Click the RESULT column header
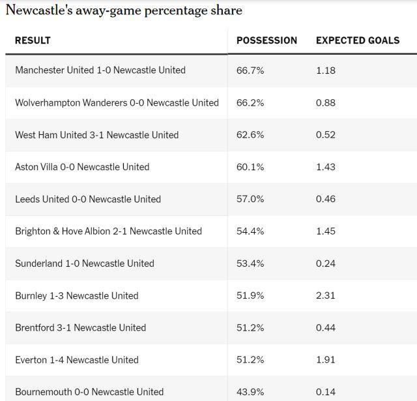tap(33, 40)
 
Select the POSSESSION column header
tap(266, 40)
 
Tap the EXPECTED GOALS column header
tap(358, 40)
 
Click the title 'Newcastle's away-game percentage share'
tap(124, 10)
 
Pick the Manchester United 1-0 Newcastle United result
tap(100, 70)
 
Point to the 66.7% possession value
tap(250, 70)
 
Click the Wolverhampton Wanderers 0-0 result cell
tap(117, 102)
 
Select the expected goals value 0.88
tap(326, 102)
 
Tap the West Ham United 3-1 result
tap(96, 135)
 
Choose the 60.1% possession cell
tap(250, 167)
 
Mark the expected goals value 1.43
tap(326, 167)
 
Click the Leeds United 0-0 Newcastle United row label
tap(88, 199)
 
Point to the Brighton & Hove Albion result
tap(108, 231)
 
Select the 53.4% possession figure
tap(250, 263)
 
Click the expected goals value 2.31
tap(326, 295)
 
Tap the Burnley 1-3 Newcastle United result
tap(77, 295)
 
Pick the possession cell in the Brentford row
tap(250, 327)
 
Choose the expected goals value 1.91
tap(326, 359)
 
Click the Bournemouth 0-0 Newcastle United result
tap(89, 392)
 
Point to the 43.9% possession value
tap(250, 392)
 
